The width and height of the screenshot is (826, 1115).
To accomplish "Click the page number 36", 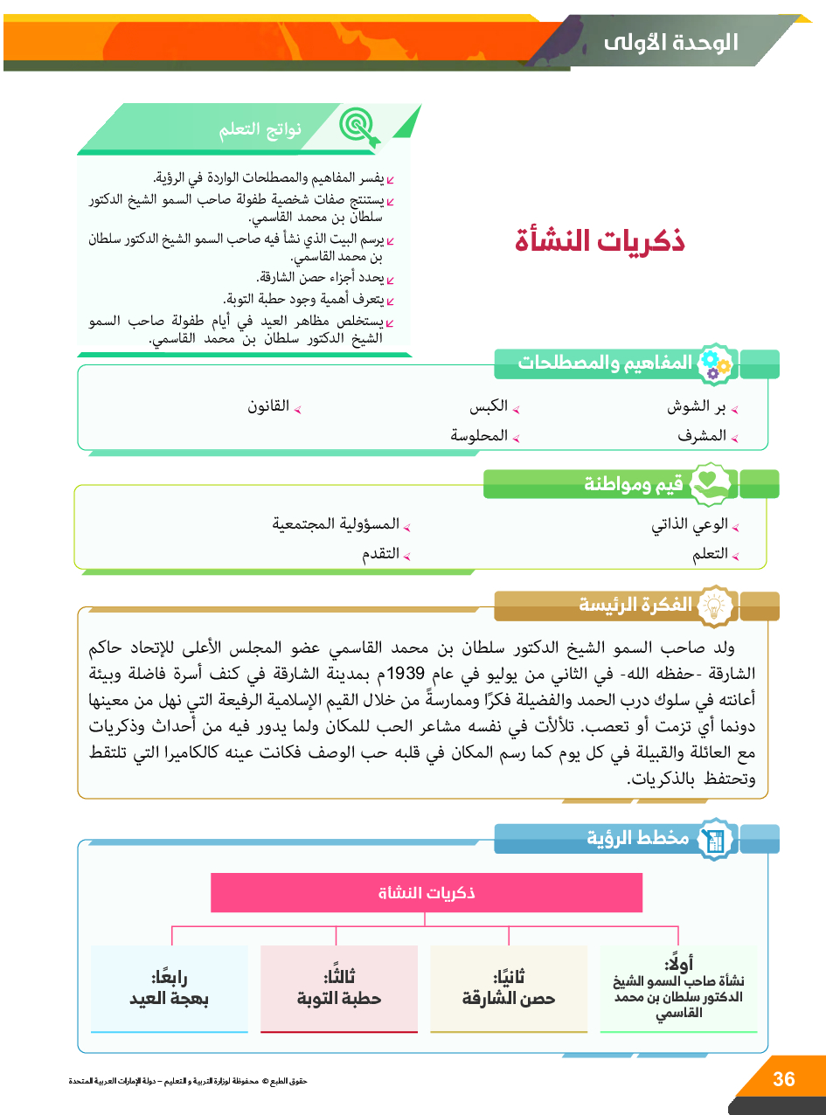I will pos(784,1079).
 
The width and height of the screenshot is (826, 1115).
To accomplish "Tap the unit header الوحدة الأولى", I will pos(671,42).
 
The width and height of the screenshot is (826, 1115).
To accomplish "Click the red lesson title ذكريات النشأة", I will pos(600,241).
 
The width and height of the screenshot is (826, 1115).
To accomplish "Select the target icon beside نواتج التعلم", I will pos(357,128).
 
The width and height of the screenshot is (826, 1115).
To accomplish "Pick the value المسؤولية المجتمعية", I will pos(336,524).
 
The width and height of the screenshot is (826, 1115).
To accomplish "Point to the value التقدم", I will pos(381,554).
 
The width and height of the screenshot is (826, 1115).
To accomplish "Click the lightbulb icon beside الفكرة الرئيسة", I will pos(715,605).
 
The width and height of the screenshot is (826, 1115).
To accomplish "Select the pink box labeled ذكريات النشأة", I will pos(427,893).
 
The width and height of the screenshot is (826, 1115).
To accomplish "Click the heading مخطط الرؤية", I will pos(638,839).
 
